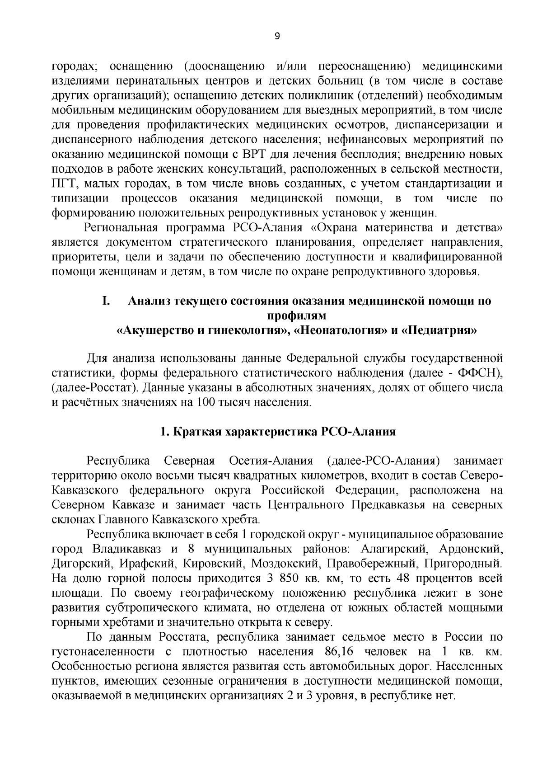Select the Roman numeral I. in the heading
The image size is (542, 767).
[x=106, y=301]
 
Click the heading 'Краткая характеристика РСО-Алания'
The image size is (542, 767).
[x=278, y=432]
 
